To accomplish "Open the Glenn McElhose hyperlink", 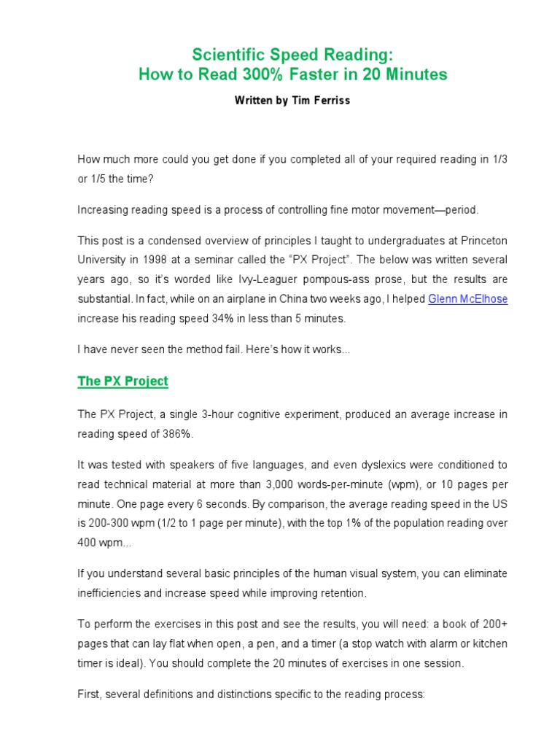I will pyautogui.click(x=468, y=299).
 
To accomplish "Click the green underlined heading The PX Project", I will pyautogui.click(x=122, y=381).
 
